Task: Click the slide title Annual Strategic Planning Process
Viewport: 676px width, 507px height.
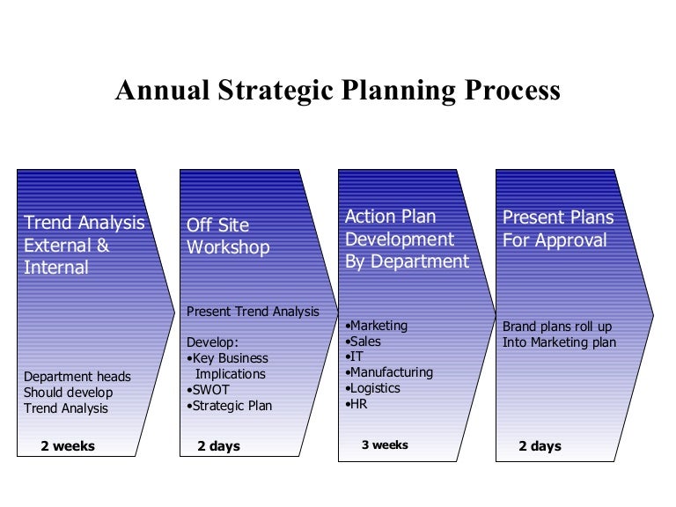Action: pos(337,91)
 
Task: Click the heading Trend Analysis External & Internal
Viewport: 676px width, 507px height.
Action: pos(84,245)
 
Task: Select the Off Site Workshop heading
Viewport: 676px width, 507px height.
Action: pos(228,236)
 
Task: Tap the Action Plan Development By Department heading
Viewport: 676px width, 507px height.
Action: pos(407,239)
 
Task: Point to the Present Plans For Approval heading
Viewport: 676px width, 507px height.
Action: pos(558,228)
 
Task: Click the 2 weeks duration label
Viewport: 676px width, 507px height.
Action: pos(68,446)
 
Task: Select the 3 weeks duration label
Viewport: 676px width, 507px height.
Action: pos(385,445)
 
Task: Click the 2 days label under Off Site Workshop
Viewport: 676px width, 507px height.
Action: pos(218,446)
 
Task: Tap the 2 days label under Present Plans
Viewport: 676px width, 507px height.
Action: pos(540,446)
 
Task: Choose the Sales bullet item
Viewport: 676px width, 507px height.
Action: pos(367,342)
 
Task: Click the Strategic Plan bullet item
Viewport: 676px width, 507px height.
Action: pos(230,406)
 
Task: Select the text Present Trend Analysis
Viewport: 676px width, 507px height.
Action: pos(253,312)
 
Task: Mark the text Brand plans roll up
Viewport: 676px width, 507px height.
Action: pos(556,327)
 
